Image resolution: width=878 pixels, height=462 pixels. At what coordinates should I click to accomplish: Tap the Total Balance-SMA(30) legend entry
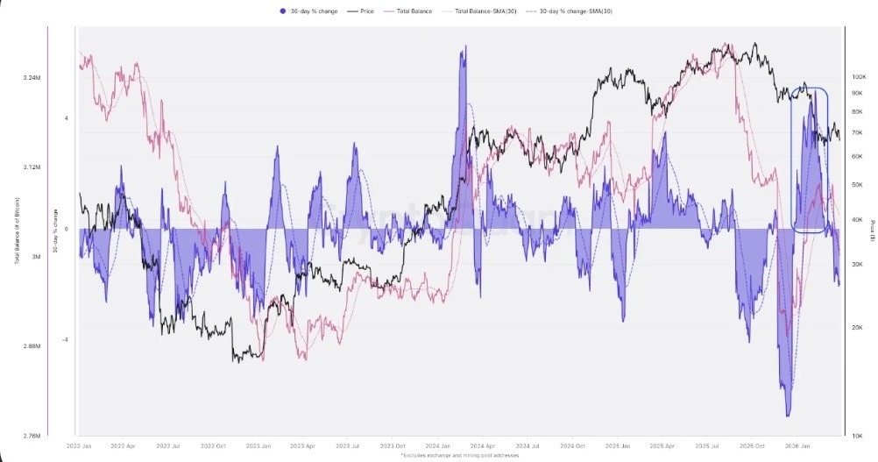(474, 11)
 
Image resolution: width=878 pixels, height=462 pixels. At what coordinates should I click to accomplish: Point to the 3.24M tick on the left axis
(32, 78)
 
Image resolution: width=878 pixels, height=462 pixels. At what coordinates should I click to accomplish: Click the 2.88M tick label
(32, 346)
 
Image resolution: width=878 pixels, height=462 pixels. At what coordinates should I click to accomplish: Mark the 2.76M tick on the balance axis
(32, 436)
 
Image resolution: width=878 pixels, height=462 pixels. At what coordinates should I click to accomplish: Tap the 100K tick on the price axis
(858, 77)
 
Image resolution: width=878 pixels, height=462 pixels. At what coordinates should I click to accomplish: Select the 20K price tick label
(858, 327)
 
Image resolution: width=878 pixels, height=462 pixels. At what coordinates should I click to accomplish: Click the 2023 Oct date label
(394, 445)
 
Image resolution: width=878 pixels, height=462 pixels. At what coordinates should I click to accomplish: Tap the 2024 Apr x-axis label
(483, 445)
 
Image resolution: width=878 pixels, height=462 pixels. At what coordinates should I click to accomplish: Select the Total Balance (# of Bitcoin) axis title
(18, 230)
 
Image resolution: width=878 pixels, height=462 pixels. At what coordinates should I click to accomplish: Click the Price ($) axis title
(873, 230)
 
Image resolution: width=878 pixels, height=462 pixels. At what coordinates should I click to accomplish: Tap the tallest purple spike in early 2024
(464, 48)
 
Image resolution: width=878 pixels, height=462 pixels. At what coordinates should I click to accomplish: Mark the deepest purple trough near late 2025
(788, 414)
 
